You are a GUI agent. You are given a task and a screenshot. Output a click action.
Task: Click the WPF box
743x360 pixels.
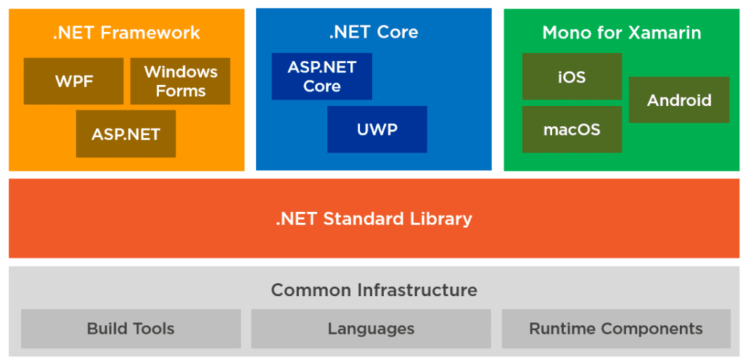[x=74, y=81]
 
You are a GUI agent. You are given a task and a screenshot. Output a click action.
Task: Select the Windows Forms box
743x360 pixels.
[x=180, y=81]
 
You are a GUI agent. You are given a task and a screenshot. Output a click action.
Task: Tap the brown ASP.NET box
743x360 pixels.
[x=126, y=134]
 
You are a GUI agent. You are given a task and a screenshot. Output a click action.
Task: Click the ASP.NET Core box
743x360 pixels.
[x=321, y=76]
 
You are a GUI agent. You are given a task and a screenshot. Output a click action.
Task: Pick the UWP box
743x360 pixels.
[x=377, y=129]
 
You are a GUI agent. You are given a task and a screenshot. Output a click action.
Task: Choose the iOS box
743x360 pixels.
[x=572, y=76]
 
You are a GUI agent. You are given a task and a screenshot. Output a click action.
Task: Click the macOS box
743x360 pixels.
[x=572, y=129]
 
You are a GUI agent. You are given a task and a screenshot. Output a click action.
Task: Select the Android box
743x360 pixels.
[x=678, y=100]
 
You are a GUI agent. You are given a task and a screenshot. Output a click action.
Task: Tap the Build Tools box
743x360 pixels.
[x=131, y=329]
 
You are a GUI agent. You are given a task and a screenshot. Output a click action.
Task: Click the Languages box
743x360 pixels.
[x=371, y=329]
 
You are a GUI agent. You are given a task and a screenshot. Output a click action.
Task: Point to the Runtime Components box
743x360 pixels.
[x=615, y=329]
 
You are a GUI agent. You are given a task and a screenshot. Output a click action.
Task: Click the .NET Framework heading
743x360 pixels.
[x=126, y=33]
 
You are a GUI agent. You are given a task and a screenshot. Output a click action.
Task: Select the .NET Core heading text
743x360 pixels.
[x=373, y=33]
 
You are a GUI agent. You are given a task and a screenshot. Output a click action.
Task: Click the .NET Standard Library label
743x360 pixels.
[x=373, y=218]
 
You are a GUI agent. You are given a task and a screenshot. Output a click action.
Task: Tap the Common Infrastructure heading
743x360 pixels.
[x=373, y=290]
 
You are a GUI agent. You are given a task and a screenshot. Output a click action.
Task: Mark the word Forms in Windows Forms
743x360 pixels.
[x=181, y=91]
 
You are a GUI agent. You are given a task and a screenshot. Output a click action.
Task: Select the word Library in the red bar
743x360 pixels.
[x=442, y=218]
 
